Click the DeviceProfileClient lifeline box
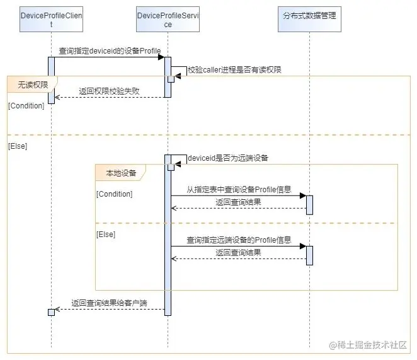[x=51, y=20]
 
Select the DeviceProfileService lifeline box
[x=168, y=20]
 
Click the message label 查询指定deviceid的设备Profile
[x=110, y=50]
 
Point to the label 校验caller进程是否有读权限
[x=234, y=70]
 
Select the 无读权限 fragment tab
[x=32, y=83]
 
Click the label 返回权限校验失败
[x=109, y=91]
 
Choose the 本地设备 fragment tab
[x=120, y=171]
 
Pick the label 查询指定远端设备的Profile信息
[x=239, y=240]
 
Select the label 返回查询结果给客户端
[x=109, y=303]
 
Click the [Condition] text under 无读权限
[x=26, y=105]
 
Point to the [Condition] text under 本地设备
[x=114, y=194]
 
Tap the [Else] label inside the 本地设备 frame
[x=105, y=234]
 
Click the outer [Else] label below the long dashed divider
[x=18, y=146]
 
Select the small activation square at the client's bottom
[x=51, y=312]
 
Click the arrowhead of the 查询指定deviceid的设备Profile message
[x=161, y=57]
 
